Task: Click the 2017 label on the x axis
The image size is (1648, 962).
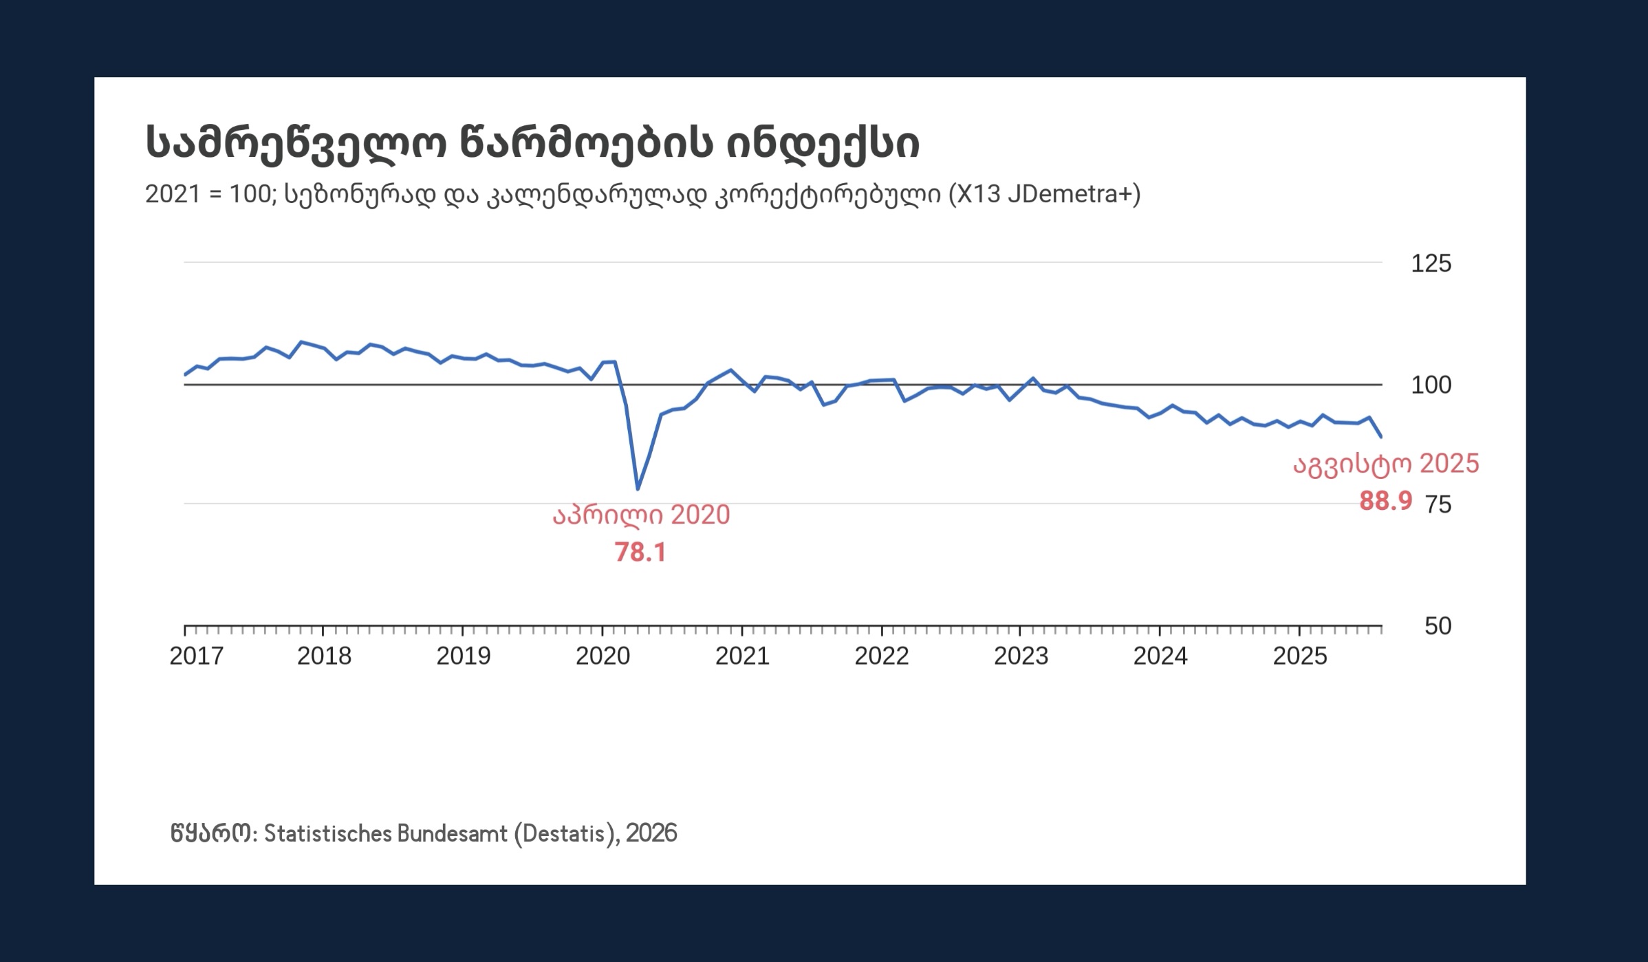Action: click(196, 656)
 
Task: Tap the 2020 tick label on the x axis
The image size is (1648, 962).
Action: click(603, 656)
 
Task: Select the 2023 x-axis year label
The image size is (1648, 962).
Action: click(1021, 656)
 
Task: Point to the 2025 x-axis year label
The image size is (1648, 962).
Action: click(1299, 656)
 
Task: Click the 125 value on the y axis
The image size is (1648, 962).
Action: click(1431, 264)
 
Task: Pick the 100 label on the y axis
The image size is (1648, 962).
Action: click(1431, 385)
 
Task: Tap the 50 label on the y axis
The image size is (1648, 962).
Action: click(1438, 626)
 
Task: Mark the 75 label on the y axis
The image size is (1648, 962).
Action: click(1438, 505)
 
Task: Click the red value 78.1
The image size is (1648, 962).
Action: click(640, 553)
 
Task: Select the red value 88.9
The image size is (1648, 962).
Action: click(1385, 501)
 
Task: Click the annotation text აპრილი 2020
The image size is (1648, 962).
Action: click(641, 515)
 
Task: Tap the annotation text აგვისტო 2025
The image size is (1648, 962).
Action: click(1386, 464)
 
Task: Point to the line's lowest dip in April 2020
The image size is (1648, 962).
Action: click(638, 489)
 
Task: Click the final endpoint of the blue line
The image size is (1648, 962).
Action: click(1381, 437)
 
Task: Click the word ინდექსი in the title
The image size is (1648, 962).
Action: click(823, 143)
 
